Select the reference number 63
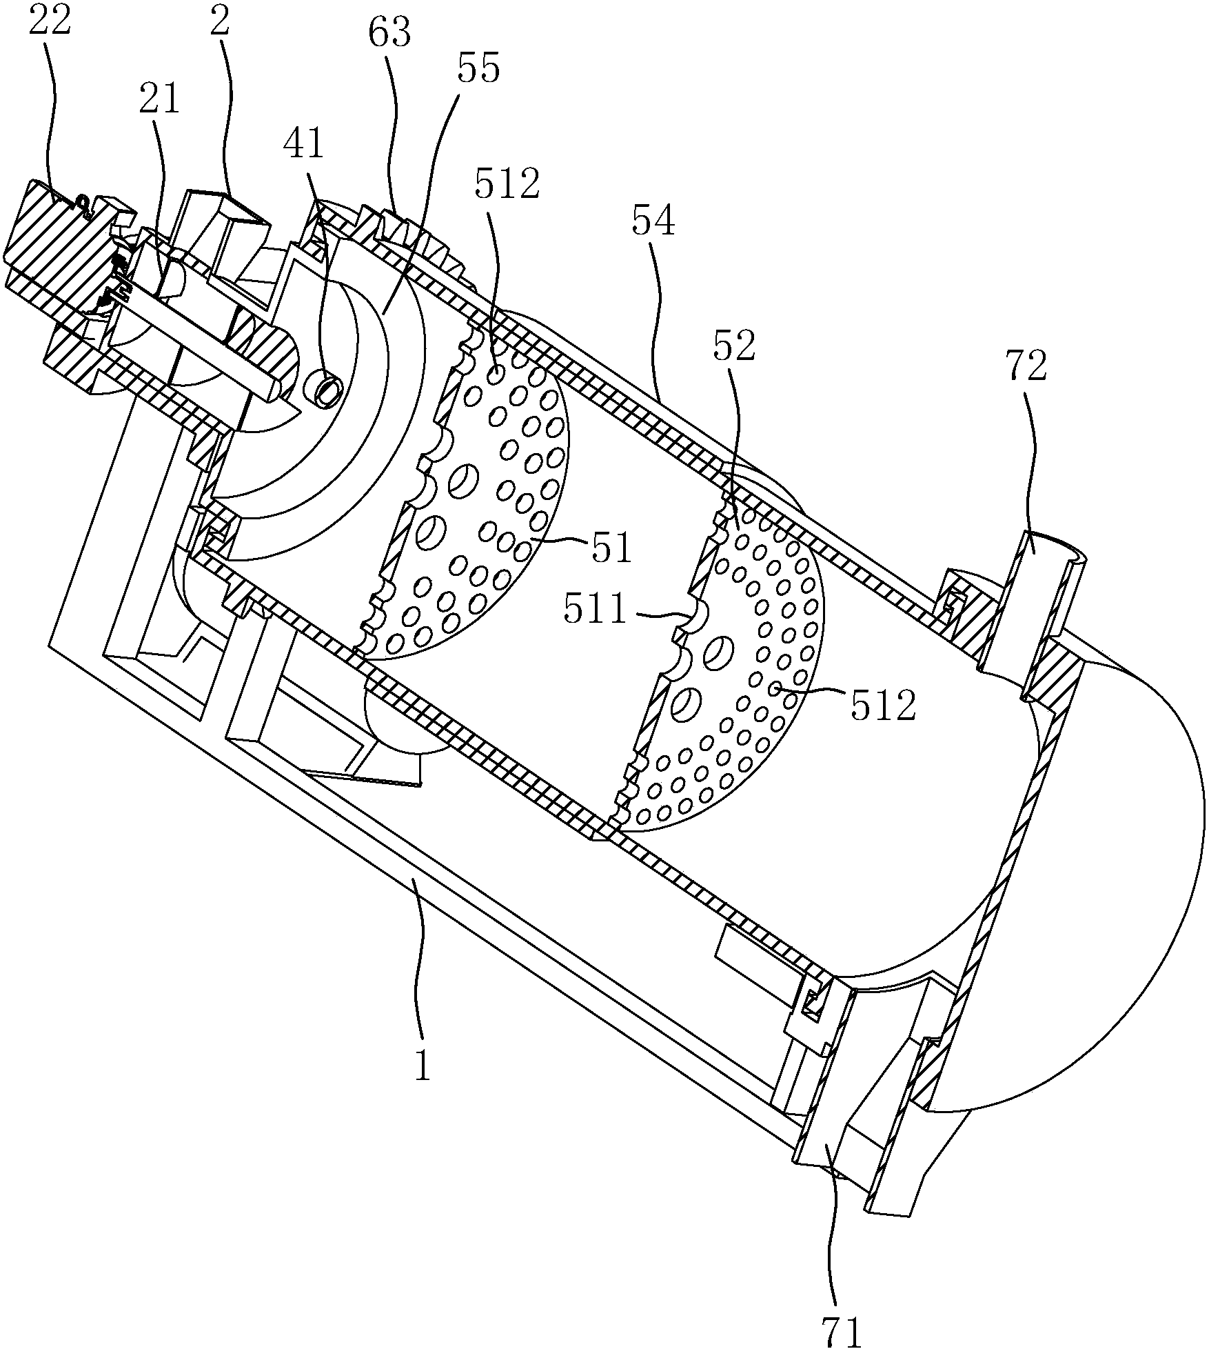pos(390,32)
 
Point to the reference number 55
pos(478,70)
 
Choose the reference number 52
pos(735,347)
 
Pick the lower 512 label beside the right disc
pos(883,706)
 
